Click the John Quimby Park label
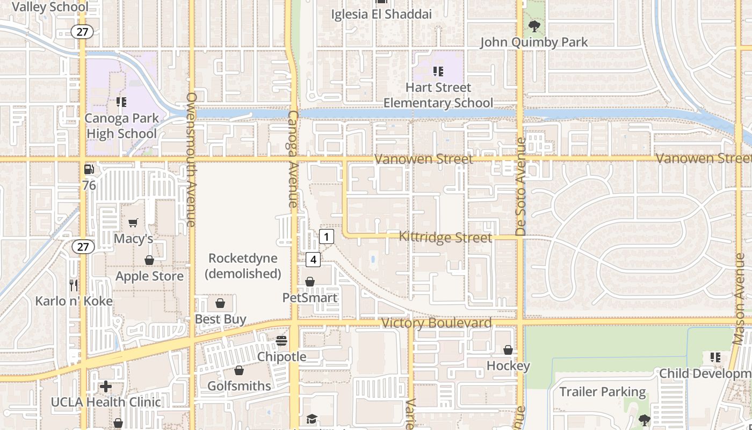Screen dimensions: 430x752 (534, 42)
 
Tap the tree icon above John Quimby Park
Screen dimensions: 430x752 (534, 25)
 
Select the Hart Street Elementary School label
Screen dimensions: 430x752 (438, 95)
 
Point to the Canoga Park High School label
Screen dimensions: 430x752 (122, 126)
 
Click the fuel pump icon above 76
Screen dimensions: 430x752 (89, 170)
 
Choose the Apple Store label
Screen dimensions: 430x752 (150, 276)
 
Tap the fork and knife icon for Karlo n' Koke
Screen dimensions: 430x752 (74, 285)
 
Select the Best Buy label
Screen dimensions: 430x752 (220, 319)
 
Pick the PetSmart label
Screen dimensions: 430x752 (310, 297)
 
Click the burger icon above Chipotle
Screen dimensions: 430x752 (281, 340)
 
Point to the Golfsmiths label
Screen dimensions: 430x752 (239, 385)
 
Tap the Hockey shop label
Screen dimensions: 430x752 (508, 365)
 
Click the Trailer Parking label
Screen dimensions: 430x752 (603, 391)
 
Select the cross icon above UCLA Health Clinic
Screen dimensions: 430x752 (106, 386)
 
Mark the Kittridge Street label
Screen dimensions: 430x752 (445, 237)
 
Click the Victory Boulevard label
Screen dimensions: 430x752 (436, 323)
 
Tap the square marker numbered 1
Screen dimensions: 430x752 (326, 236)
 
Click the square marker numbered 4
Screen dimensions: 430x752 (313, 260)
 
